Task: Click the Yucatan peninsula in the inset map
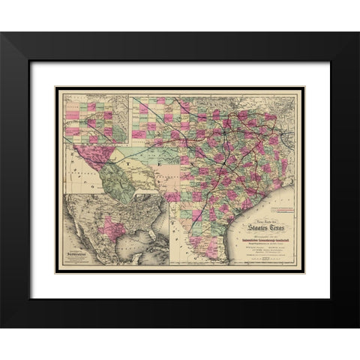click(x=135, y=262)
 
